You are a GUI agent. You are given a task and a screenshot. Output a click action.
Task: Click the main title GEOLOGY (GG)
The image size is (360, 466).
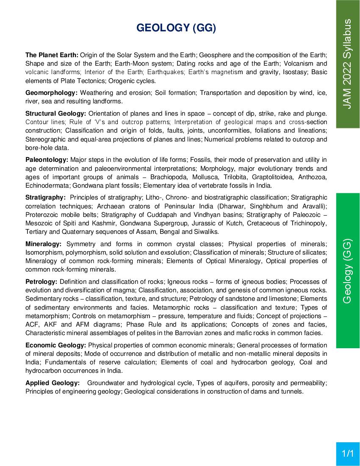pos(176,28)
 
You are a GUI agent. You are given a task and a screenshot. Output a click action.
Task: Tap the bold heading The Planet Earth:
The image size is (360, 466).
pos(52,55)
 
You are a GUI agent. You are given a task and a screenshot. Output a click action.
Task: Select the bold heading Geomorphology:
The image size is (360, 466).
pos(51,92)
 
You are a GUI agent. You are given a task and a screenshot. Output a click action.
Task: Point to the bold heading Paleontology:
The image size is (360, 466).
pos(47,160)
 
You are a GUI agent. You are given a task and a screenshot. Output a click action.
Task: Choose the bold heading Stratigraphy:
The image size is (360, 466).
pos(45,197)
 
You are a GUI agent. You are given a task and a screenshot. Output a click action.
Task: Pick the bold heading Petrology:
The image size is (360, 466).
pos(41,282)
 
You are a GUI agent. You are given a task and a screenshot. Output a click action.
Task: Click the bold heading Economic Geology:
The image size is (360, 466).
pos(55,345)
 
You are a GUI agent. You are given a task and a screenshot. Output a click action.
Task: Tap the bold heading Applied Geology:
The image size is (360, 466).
pos(53,383)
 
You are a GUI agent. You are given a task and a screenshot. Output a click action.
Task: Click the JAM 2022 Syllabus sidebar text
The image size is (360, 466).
pos(347,64)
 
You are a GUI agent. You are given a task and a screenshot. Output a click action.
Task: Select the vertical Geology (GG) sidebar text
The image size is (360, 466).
pos(347,271)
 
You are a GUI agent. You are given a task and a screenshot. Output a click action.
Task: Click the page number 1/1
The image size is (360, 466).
pos(348,454)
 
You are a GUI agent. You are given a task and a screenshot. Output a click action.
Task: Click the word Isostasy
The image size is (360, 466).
pos(294,72)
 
